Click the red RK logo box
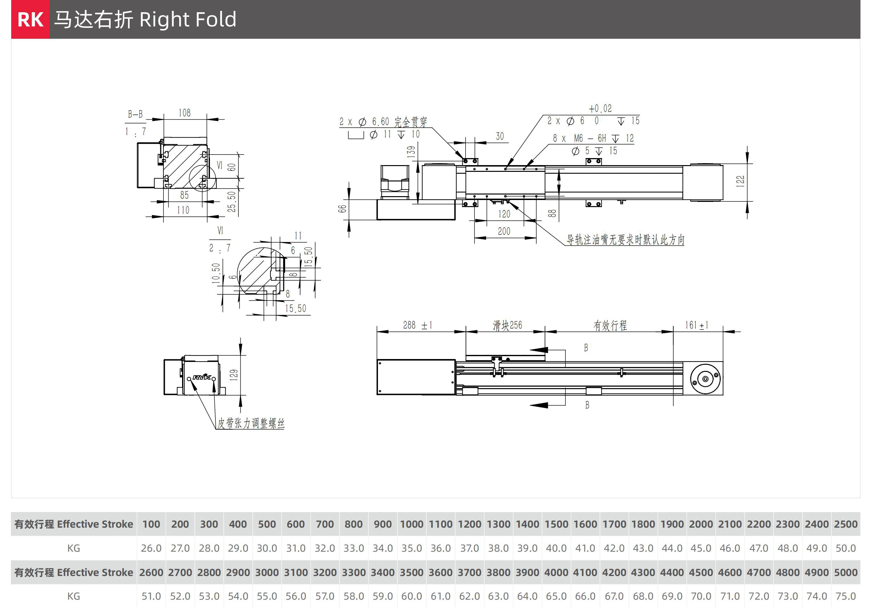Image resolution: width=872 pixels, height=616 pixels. click(30, 20)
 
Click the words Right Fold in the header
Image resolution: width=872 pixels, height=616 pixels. click(188, 20)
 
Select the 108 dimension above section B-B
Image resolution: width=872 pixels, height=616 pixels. click(185, 113)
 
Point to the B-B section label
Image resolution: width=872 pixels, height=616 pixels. click(135, 114)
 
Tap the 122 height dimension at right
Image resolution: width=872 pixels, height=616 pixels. click(740, 181)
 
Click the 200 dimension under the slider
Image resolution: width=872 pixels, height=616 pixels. click(504, 231)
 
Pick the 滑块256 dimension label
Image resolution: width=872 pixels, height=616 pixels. click(508, 325)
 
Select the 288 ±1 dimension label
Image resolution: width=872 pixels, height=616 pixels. click(417, 325)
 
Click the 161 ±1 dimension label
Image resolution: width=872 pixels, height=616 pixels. click(697, 325)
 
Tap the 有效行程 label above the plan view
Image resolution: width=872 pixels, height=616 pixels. click(610, 325)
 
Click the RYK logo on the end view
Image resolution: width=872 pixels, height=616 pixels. click(202, 377)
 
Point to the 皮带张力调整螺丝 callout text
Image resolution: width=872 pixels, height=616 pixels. click(251, 423)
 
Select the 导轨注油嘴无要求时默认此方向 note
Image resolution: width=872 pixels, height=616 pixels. click(625, 240)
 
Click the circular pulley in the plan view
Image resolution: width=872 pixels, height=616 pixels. click(705, 379)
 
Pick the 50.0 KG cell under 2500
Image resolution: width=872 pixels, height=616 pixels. click(845, 548)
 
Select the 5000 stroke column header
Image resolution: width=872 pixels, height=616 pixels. click(845, 572)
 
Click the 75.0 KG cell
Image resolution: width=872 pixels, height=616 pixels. click(845, 596)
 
